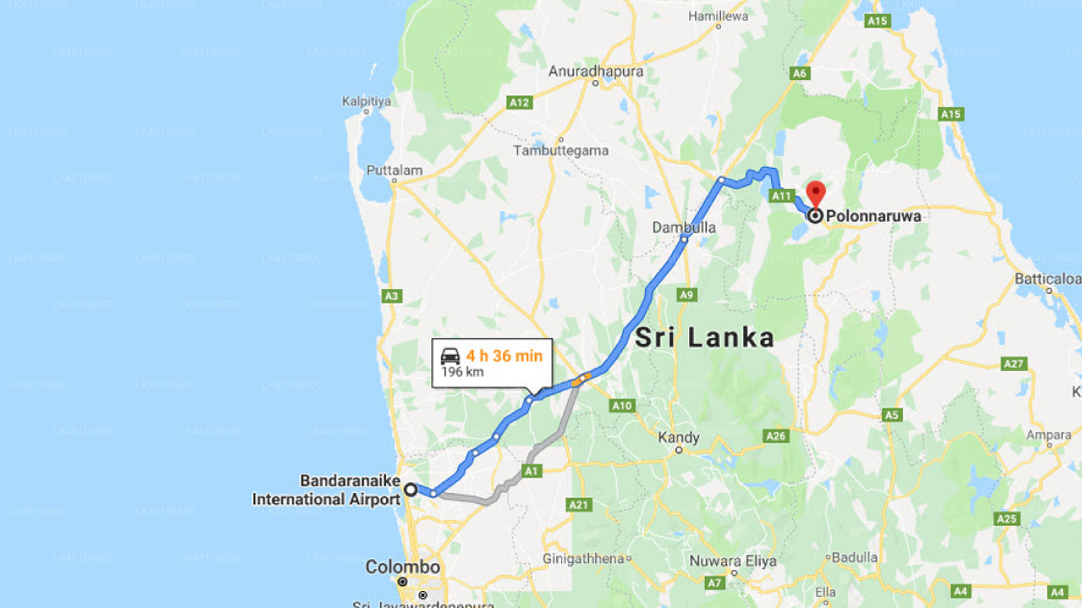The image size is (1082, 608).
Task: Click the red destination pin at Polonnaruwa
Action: coord(816,193)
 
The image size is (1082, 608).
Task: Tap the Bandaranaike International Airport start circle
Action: coord(411,489)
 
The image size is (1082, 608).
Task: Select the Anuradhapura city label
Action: coord(596,71)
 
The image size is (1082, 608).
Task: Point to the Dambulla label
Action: coord(684,227)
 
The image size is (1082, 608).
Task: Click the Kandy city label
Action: coord(679,437)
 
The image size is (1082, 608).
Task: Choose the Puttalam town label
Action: coord(394,170)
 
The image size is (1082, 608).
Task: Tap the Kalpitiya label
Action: coord(367,101)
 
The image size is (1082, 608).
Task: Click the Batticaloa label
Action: coord(1048,278)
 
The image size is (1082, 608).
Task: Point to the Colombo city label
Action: coord(403,567)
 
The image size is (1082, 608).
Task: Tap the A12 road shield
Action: coord(519,102)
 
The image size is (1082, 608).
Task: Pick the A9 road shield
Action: coord(687,295)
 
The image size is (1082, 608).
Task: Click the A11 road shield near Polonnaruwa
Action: coord(781,196)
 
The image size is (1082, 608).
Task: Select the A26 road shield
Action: coord(775,436)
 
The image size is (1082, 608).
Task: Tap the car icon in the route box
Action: coord(451,356)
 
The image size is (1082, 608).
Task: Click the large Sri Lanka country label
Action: coord(704,338)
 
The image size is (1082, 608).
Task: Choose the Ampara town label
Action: coord(1048,436)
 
